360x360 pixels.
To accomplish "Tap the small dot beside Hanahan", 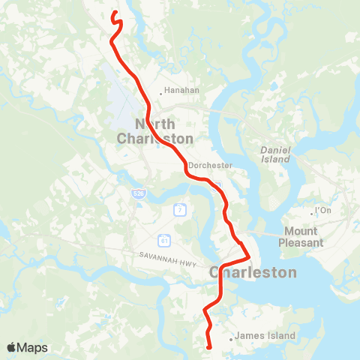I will click(x=160, y=94).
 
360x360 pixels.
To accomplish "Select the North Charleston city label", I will click(x=155, y=131).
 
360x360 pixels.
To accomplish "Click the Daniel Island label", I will click(x=275, y=154).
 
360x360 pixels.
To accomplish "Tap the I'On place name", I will click(x=323, y=211).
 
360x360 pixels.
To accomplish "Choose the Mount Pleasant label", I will click(x=301, y=237).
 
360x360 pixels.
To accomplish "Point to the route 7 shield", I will click(x=180, y=210).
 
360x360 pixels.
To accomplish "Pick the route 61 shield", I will click(x=163, y=240).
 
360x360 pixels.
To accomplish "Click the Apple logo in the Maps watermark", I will click(x=12, y=347).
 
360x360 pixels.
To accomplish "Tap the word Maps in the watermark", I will click(x=33, y=347).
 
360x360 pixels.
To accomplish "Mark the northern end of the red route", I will click(x=113, y=13).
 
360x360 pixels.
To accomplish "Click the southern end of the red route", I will click(x=208, y=346).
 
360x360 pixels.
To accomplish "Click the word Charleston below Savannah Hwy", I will click(x=253, y=272).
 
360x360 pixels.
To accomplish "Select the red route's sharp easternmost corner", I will click(x=249, y=253).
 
